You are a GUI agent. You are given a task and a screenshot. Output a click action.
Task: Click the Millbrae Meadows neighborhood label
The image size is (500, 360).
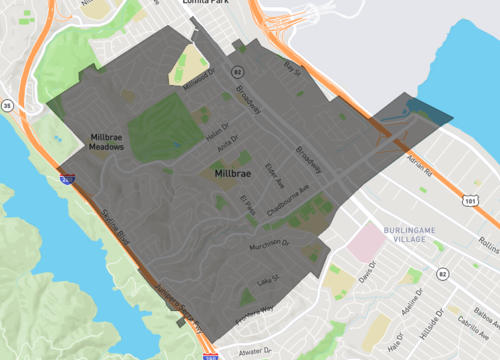coord(106,141)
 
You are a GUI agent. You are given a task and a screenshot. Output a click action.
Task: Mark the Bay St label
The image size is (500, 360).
coord(292,67)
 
